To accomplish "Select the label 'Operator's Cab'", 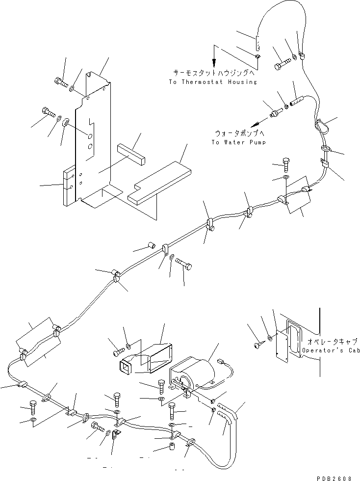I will click(330, 351).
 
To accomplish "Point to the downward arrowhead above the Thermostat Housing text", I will click(214, 64).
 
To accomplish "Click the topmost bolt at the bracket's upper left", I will click(58, 81).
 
